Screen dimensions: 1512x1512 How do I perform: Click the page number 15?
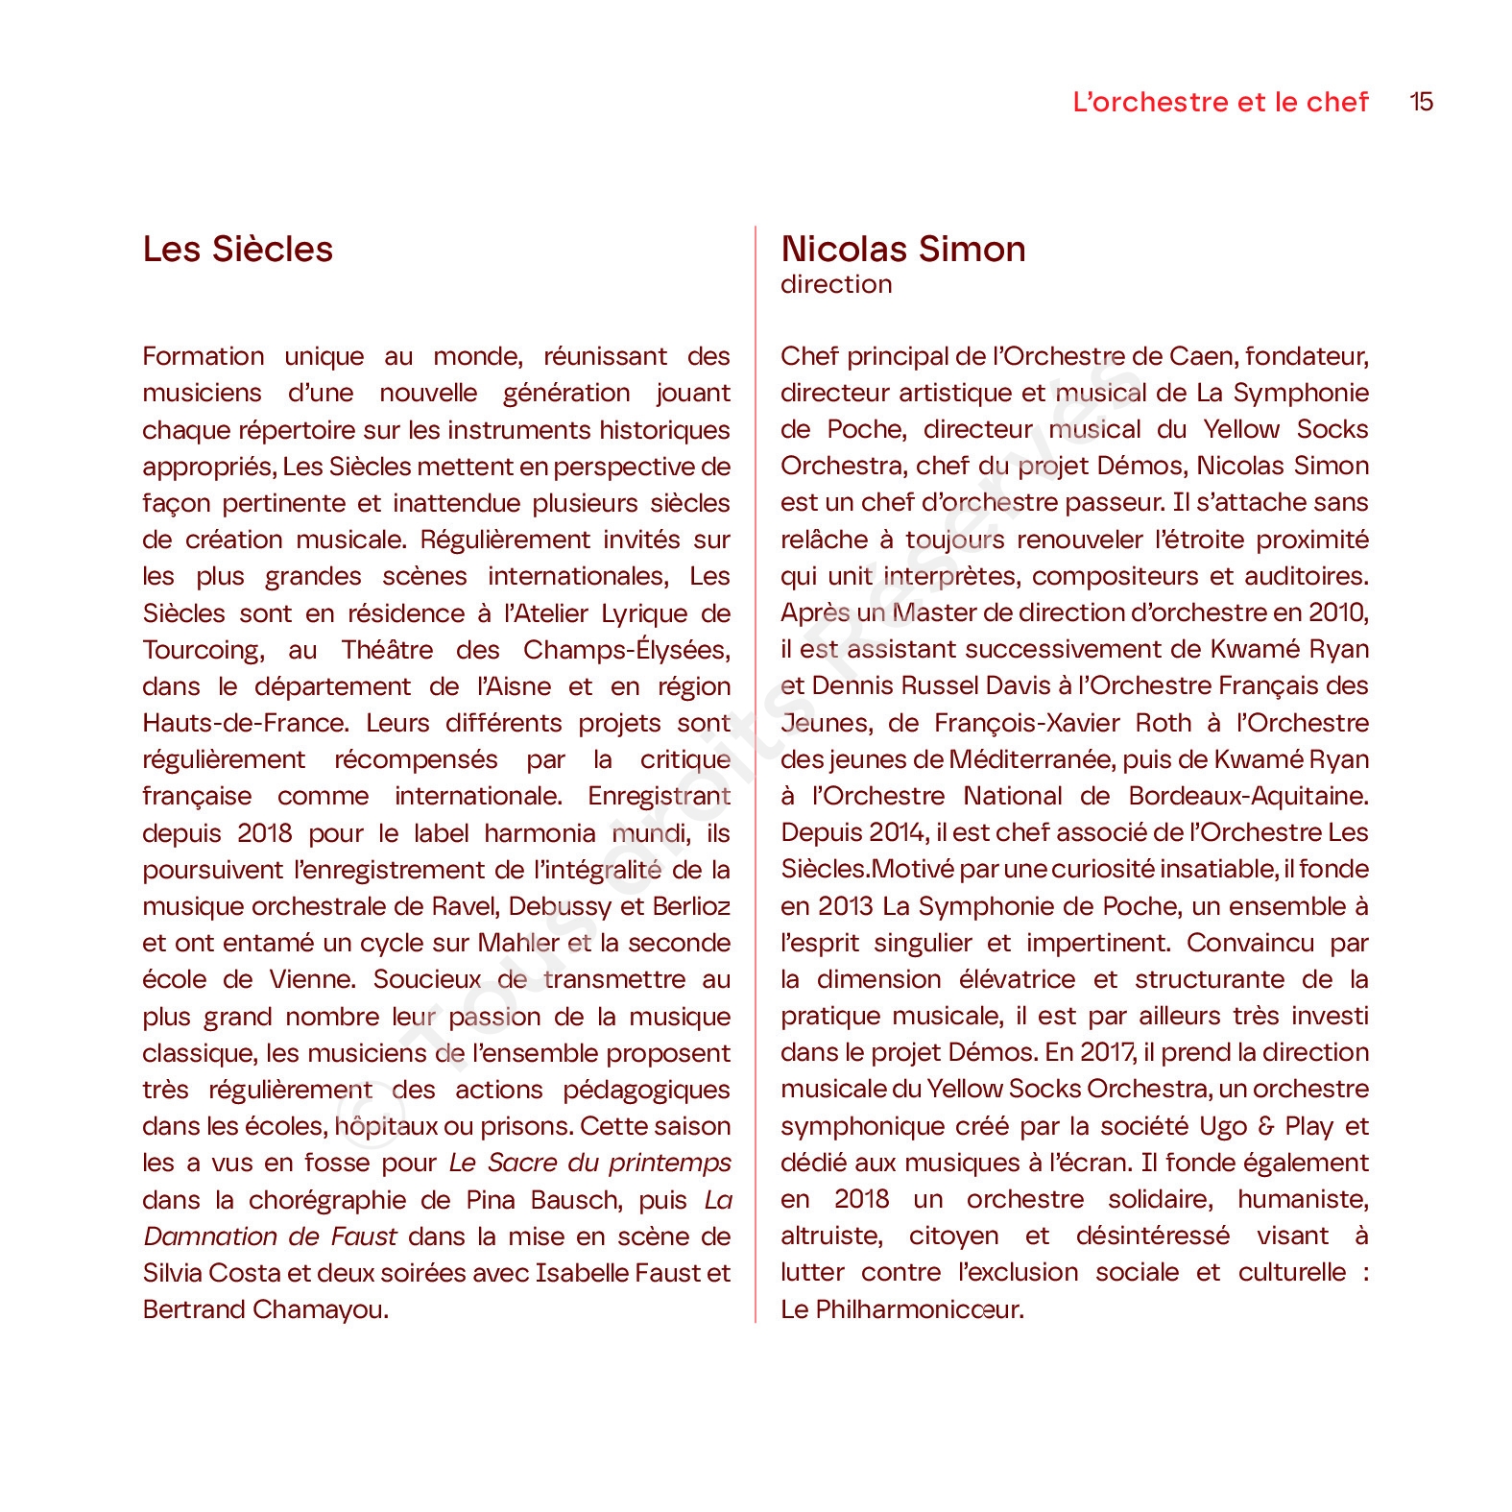(1421, 102)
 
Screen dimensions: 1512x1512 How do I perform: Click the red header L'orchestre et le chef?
(1220, 102)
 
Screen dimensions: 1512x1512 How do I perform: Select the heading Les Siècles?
(237, 250)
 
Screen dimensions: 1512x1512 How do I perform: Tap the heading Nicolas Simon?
(902, 250)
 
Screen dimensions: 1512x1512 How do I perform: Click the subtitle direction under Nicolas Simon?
(836, 284)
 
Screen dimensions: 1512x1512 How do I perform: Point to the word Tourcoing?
(202, 650)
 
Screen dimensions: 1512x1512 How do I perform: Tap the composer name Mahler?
(518, 943)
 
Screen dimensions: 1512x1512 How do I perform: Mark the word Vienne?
(311, 979)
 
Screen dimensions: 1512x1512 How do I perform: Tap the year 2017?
(1107, 1052)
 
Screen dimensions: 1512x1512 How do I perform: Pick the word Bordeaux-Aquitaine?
(1248, 796)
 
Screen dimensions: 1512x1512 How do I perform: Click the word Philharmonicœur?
(919, 1309)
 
